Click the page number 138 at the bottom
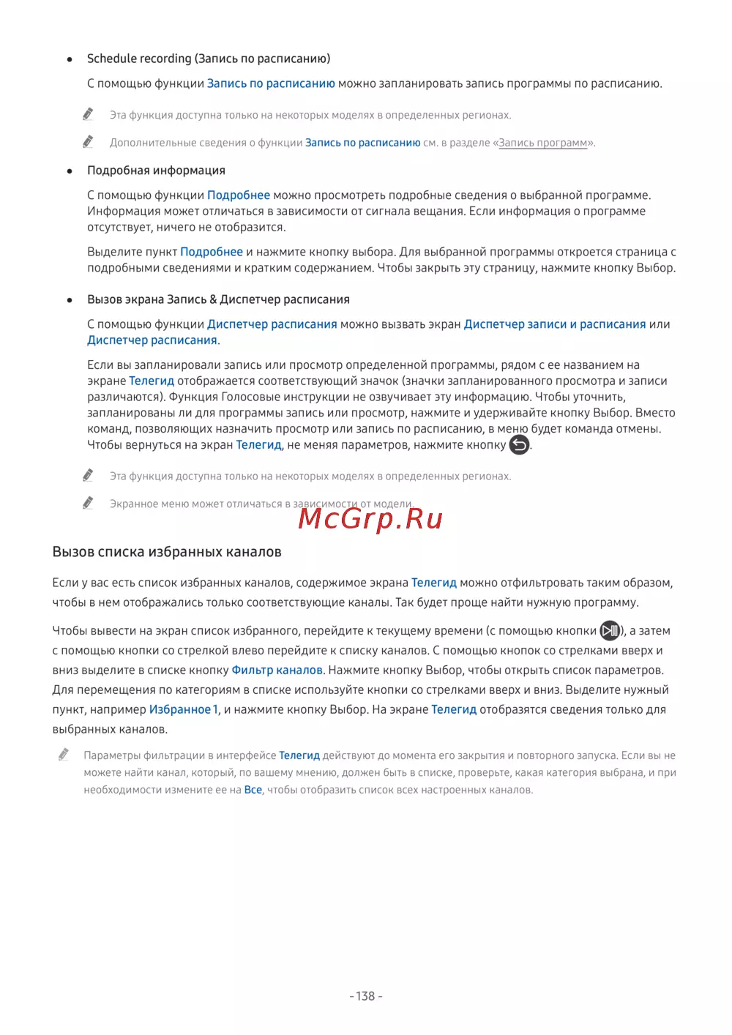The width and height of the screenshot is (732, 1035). (x=365, y=996)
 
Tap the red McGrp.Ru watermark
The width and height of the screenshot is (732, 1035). (x=370, y=519)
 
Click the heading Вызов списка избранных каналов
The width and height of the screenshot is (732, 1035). (x=167, y=552)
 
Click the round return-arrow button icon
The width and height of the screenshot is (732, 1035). (x=519, y=445)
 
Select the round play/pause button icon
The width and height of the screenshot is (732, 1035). (x=610, y=631)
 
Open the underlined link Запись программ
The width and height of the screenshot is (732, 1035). (x=543, y=143)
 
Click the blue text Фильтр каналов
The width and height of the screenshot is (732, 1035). (x=277, y=670)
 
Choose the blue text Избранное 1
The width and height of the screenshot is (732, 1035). (x=184, y=710)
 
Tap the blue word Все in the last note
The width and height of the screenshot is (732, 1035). (x=253, y=790)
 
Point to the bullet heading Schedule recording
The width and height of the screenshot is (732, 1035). (x=209, y=59)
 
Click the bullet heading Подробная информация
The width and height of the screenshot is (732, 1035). (x=156, y=171)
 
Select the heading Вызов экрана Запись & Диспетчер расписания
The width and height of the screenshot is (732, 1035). (x=218, y=299)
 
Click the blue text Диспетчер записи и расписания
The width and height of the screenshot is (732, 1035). (x=555, y=324)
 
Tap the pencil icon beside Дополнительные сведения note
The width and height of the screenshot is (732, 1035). (x=88, y=141)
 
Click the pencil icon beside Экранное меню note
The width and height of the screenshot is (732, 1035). (x=88, y=503)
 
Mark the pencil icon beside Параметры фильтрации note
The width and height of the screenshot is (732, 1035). (x=64, y=755)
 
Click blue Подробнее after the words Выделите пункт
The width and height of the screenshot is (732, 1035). (x=212, y=252)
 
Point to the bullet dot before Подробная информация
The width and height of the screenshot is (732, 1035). (x=70, y=171)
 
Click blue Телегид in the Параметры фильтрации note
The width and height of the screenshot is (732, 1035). (x=299, y=755)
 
